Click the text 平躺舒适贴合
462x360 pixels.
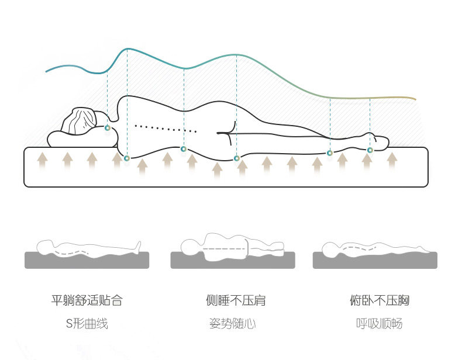click(87, 301)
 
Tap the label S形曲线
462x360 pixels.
click(87, 324)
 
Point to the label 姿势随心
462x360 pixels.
click(232, 324)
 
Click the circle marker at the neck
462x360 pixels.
click(107, 127)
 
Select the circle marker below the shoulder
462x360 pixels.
click(127, 158)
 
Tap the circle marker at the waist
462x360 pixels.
click(184, 149)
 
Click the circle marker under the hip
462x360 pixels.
click(236, 158)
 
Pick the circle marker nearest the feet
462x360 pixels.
click(370, 150)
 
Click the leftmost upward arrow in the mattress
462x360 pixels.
click(42, 159)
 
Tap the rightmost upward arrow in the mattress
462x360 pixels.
click(392, 158)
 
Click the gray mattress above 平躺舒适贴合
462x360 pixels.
click(87, 261)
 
